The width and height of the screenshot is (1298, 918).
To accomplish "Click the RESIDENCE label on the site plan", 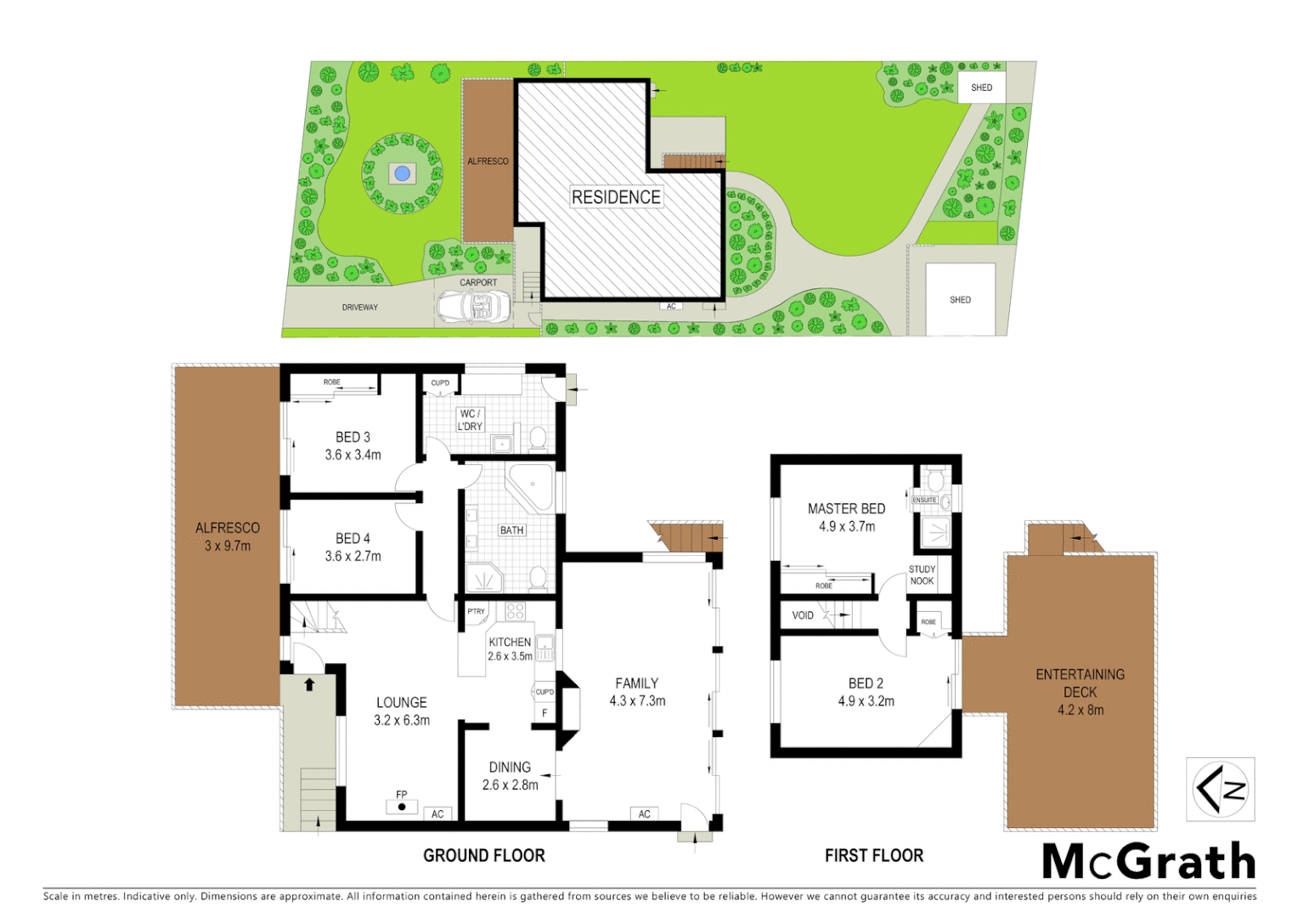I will [616, 197].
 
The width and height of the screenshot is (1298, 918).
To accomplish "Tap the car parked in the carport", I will [473, 308].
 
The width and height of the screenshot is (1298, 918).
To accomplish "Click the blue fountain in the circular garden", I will [402, 174].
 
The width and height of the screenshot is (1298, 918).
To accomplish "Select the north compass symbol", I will [1220, 790].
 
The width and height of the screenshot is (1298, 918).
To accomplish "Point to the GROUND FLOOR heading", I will [484, 855].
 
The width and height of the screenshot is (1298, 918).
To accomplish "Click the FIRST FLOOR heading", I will [874, 855].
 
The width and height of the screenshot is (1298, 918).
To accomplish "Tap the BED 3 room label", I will [353, 437].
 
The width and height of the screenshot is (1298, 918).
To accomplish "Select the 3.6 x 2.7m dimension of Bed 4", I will [353, 556].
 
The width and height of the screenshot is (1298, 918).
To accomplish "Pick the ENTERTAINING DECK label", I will [1080, 683].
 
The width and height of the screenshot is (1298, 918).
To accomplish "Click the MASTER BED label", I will [846, 508].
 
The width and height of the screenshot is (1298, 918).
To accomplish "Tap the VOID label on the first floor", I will [803, 615].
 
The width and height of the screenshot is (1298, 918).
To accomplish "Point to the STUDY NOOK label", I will [922, 575].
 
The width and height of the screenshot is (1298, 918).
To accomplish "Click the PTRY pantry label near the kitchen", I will [477, 611].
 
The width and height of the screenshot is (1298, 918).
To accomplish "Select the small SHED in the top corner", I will [981, 88].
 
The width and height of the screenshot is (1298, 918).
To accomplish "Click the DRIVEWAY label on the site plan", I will [360, 308].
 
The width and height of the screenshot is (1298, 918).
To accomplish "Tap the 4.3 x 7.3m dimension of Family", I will [637, 701].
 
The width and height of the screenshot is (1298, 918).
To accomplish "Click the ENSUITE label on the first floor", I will [924, 500].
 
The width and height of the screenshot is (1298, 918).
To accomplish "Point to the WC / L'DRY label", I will [470, 420].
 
